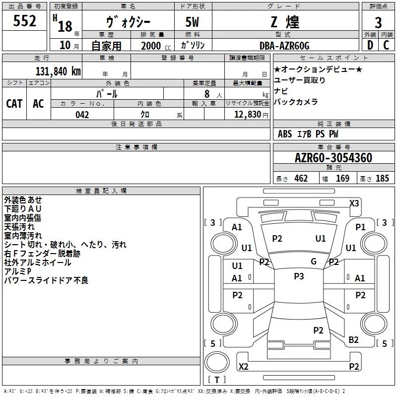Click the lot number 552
click(25, 21)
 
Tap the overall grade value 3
click(378, 22)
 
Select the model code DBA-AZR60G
click(284, 46)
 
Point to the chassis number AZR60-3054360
click(333, 158)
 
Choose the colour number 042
click(82, 115)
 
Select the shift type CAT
click(14, 103)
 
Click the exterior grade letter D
click(370, 45)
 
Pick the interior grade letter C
click(386, 45)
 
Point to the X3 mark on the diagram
click(354, 203)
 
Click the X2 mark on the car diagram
click(244, 367)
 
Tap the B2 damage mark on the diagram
click(353, 339)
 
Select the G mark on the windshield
click(314, 262)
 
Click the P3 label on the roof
click(299, 276)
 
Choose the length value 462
click(301, 179)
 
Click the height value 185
click(382, 179)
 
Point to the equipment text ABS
click(285, 134)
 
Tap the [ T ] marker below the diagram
click(217, 380)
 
